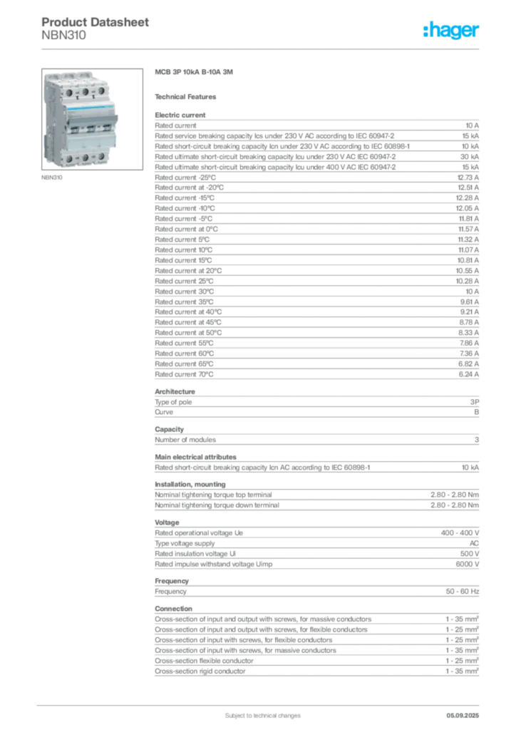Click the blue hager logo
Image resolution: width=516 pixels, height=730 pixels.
(x=453, y=31)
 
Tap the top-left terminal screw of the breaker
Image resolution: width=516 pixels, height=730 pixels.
(x=68, y=92)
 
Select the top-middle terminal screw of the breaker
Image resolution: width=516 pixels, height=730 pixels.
(x=85, y=92)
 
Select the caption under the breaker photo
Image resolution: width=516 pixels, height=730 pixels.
(x=54, y=178)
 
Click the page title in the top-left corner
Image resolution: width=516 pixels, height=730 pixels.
(x=96, y=23)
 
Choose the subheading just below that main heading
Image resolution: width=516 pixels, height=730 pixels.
(x=188, y=96)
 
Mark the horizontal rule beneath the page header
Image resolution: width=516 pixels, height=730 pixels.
(x=262, y=48)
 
